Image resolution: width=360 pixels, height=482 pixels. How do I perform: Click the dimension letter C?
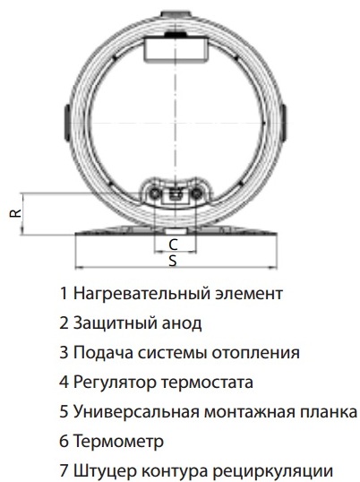[x=173, y=245]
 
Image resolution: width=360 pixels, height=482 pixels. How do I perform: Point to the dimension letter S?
[x=173, y=261]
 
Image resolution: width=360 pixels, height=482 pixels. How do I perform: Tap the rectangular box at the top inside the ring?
[x=176, y=48]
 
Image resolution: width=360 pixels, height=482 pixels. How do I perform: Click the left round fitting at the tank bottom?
[x=154, y=194]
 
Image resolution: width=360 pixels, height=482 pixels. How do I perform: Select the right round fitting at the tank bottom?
[x=196, y=194]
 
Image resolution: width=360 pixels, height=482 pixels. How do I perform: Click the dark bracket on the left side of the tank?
[x=67, y=123]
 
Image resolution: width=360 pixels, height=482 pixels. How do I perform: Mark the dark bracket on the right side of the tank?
[x=284, y=123]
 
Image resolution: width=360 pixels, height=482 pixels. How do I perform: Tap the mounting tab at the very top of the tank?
[x=176, y=14]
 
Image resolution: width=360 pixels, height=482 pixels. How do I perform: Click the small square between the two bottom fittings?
[x=176, y=197]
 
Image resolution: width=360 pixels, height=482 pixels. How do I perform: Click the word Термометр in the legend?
[x=118, y=441]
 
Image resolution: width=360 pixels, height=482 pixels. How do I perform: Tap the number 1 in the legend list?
[x=64, y=293]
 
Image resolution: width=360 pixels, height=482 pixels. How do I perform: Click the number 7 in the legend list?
[x=64, y=470]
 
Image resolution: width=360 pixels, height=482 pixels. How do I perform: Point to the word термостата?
[x=208, y=383]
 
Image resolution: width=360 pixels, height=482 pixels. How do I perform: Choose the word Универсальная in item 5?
[x=137, y=412]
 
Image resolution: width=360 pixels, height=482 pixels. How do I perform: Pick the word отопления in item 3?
[x=256, y=353]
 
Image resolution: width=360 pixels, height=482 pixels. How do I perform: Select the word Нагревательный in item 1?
[x=142, y=294]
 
